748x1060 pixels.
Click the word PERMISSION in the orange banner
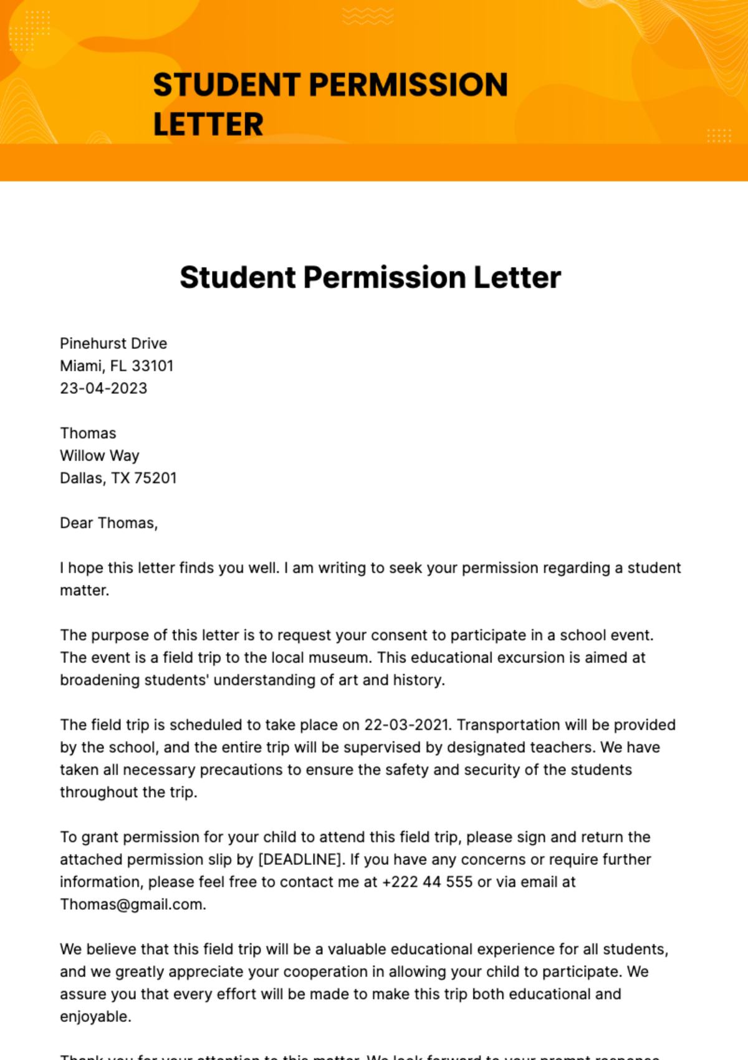point(408,85)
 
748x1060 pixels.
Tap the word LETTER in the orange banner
point(208,125)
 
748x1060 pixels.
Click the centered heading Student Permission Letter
point(370,277)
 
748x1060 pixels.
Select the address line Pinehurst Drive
point(113,343)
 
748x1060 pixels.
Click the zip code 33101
point(153,366)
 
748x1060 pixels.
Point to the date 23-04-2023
point(103,388)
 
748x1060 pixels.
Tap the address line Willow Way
point(100,456)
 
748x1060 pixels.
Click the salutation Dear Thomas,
point(108,523)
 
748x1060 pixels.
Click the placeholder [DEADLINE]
point(300,859)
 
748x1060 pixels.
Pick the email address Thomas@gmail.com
point(132,904)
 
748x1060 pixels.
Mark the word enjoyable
point(95,1016)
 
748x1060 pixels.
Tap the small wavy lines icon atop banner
point(368,16)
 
